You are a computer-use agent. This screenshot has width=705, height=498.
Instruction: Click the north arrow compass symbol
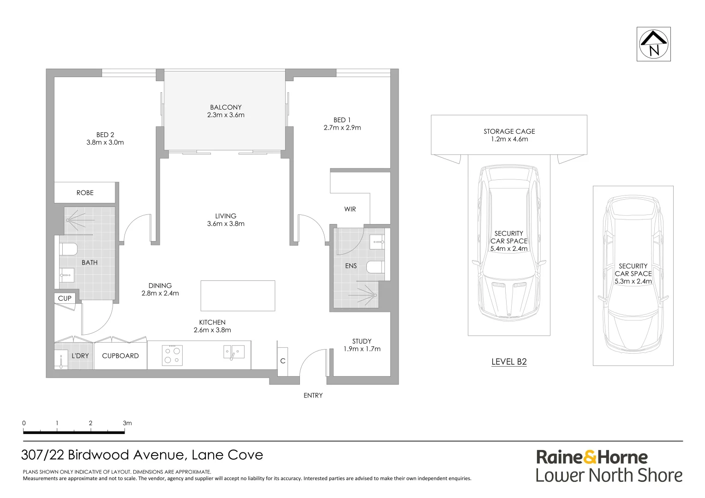pos(653,44)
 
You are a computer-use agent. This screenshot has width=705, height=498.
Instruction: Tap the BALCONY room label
pos(226,107)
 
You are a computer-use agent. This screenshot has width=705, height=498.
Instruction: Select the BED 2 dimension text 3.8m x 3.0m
pos(105,142)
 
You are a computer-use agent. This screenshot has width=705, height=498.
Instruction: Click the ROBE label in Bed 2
pos(85,193)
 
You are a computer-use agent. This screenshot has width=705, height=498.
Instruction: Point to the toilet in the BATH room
pos(68,249)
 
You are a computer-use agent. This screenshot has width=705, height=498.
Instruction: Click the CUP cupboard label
pos(65,298)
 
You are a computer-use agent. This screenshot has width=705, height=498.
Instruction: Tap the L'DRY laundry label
pos(80,356)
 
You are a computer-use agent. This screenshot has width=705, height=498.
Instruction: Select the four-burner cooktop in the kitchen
pos(172,356)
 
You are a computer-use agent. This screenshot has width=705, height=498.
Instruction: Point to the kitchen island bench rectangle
pos(238,296)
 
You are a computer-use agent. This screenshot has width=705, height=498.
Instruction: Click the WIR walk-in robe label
pos(350,209)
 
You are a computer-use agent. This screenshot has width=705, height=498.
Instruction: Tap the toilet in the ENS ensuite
pos(375,267)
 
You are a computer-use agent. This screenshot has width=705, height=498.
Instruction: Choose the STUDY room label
pos(362,341)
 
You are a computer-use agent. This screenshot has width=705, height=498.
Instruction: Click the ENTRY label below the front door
pos(313,395)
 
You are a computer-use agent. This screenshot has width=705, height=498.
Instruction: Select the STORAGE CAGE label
pos(509,131)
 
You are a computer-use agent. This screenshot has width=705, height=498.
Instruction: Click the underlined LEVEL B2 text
pos(509,362)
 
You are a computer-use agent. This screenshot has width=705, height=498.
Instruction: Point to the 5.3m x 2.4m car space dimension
pos(633,281)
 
